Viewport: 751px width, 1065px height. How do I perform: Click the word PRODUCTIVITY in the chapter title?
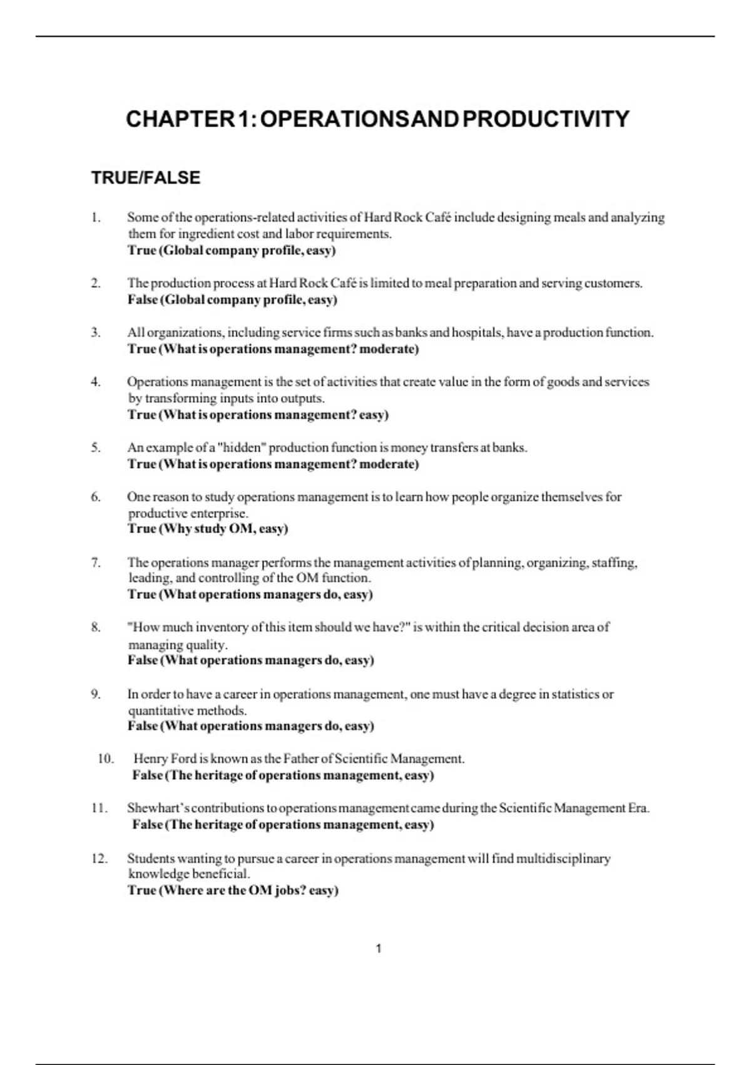546,119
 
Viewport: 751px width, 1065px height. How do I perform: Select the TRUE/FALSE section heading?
146,178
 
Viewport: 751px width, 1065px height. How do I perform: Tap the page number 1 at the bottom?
379,948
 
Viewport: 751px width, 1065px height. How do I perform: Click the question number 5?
96,447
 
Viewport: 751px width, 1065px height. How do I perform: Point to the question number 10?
106,759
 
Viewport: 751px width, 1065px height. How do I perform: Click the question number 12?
100,858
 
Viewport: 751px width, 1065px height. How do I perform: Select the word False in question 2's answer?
143,299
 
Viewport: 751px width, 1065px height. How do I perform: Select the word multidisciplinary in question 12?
563,858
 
